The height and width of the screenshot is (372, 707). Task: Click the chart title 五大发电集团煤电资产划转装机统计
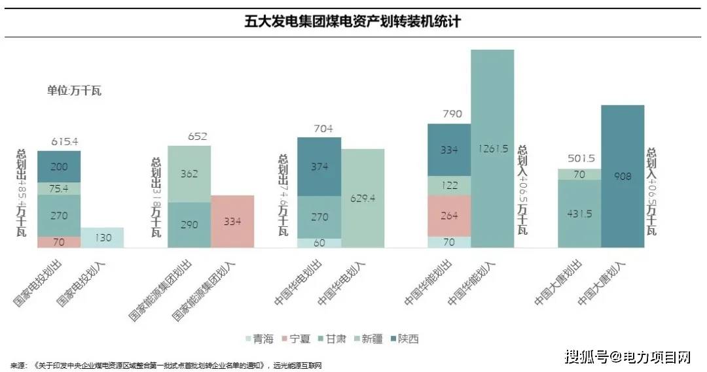pyautogui.click(x=353, y=22)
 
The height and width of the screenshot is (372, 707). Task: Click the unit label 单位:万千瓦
pyautogui.click(x=74, y=91)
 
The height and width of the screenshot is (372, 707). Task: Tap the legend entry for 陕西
pyautogui.click(x=401, y=339)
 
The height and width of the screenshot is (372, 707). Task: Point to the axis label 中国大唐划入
pyautogui.click(x=602, y=283)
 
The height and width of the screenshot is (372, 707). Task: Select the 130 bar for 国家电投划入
pyautogui.click(x=102, y=237)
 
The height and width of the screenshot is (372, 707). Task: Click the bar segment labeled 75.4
pyautogui.click(x=59, y=189)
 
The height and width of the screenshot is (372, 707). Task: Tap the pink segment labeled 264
pyautogui.click(x=449, y=216)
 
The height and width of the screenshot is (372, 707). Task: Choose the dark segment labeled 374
pyautogui.click(x=319, y=167)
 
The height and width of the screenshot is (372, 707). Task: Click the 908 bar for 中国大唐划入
pyautogui.click(x=623, y=176)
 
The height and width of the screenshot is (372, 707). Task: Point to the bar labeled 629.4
pyautogui.click(x=363, y=198)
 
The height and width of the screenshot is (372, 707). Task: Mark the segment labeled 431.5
pyautogui.click(x=579, y=213)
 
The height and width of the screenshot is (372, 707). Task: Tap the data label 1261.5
pyautogui.click(x=493, y=148)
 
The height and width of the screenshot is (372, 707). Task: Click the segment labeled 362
pyautogui.click(x=189, y=174)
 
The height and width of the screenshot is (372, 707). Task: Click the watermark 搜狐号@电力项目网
pyautogui.click(x=627, y=356)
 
